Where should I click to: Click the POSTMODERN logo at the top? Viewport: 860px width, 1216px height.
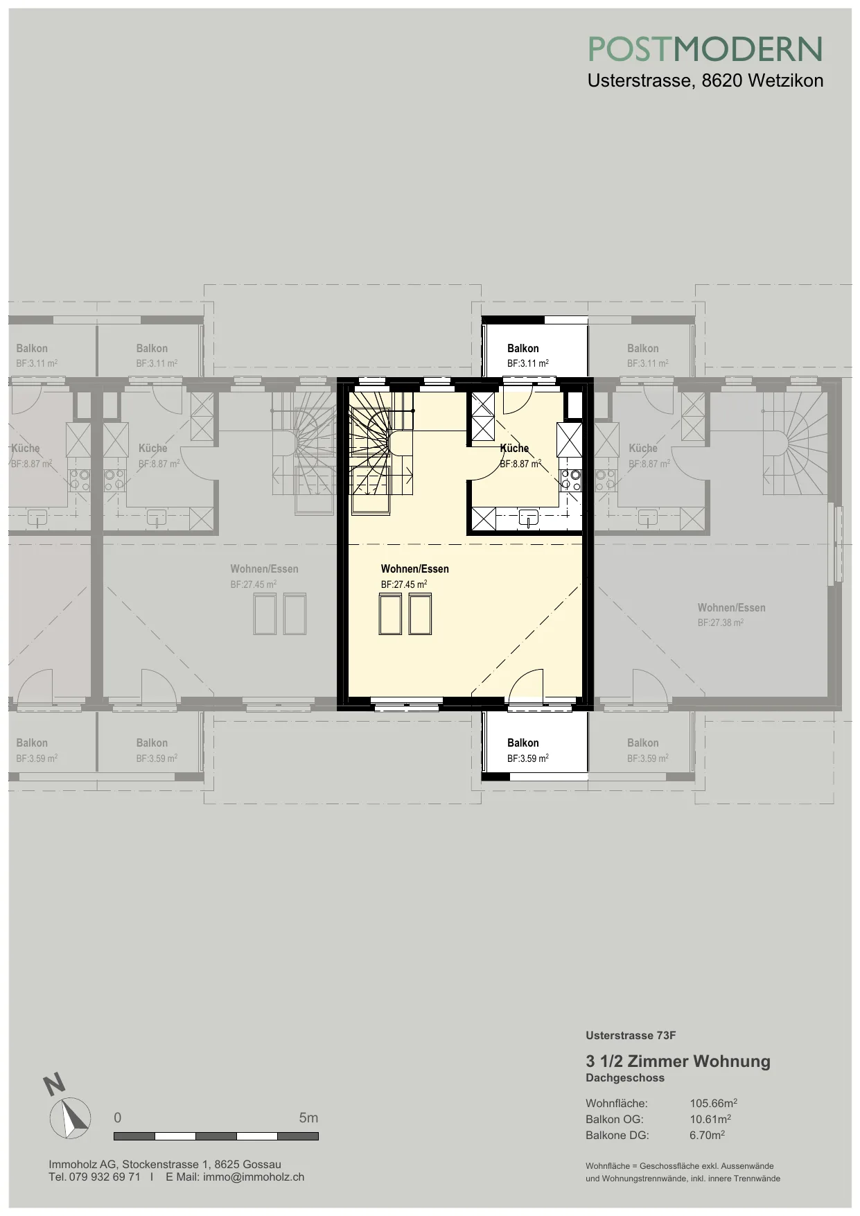[x=705, y=49]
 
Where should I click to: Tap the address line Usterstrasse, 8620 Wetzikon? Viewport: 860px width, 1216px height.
[x=705, y=80]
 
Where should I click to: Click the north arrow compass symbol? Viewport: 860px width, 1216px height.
[x=70, y=1117]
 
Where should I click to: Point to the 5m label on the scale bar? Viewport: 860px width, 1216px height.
[x=308, y=1118]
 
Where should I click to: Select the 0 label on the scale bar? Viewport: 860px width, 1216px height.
[x=118, y=1118]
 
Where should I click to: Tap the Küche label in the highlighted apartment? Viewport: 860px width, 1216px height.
[x=514, y=449]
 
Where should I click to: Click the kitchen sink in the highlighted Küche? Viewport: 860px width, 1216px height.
[x=529, y=517]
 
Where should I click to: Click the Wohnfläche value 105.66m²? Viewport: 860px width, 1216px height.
[x=713, y=1103]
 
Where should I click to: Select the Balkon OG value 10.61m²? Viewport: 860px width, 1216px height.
[x=710, y=1119]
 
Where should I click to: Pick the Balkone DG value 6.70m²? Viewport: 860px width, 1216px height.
[x=708, y=1135]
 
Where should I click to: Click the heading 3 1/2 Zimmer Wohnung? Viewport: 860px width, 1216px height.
[x=678, y=1061]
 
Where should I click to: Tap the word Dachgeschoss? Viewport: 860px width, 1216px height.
[x=625, y=1078]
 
